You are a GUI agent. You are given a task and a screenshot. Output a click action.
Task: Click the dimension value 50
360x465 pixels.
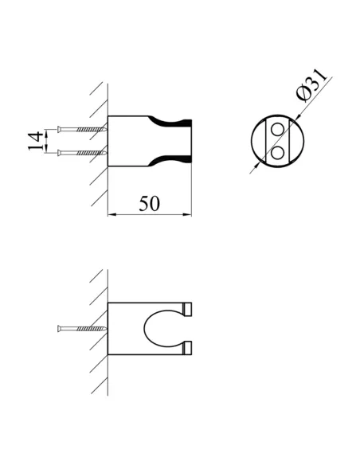click(149, 203)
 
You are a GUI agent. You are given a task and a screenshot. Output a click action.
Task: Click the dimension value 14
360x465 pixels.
click(36, 142)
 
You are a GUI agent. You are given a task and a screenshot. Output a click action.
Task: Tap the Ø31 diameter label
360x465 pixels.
click(311, 85)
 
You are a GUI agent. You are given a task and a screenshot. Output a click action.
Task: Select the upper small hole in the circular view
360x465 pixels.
click(277, 129)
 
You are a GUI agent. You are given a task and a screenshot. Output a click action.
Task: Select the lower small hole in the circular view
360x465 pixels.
click(277, 153)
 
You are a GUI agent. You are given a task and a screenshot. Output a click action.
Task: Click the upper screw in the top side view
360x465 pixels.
click(82, 129)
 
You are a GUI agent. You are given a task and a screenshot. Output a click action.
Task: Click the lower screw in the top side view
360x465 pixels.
click(82, 153)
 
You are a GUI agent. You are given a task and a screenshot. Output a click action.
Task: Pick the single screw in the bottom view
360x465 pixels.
click(82, 329)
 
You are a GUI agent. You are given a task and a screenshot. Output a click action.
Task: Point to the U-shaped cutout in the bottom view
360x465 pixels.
click(144, 329)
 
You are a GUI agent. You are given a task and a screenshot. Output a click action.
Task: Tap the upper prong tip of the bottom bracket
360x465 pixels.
click(188, 309)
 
